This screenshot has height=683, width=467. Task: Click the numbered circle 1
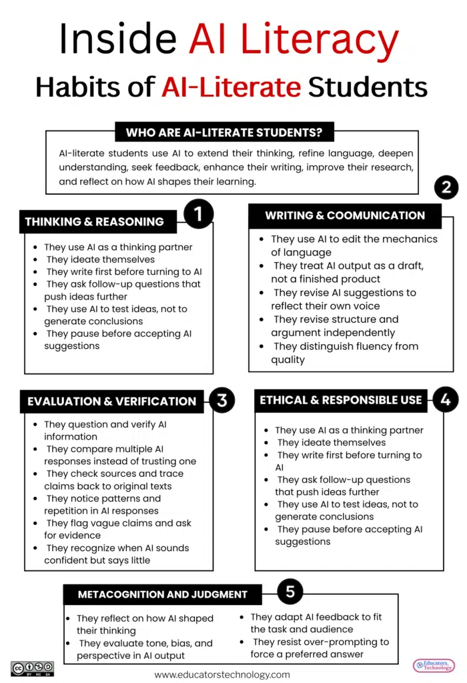(197, 215)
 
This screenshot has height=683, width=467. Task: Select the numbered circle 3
(222, 400)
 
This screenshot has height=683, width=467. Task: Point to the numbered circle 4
(446, 400)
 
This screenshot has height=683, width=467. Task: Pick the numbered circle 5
(290, 591)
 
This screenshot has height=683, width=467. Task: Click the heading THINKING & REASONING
(94, 221)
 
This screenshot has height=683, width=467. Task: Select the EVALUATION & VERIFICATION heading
(111, 402)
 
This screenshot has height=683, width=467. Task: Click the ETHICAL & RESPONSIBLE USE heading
(341, 400)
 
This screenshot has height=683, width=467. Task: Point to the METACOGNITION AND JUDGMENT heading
(163, 594)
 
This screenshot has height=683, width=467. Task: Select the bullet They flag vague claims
(118, 529)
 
